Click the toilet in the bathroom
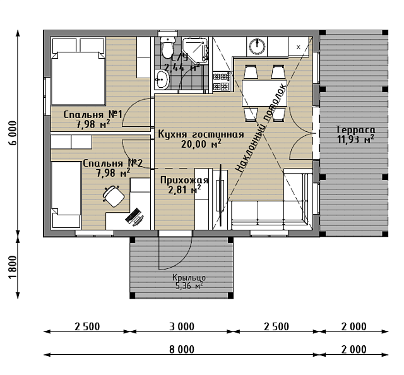tap(167, 47)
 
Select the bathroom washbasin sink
tap(162, 79)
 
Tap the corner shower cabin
tap(195, 50)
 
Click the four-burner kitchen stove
tap(221, 81)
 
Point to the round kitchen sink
tap(257, 46)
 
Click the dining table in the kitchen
tap(264, 93)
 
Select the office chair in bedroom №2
tap(113, 196)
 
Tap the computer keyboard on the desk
tap(132, 216)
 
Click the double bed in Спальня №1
tap(78, 71)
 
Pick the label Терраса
tap(355, 129)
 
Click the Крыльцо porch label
tap(189, 278)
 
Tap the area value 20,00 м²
tap(201, 144)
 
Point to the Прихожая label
tap(184, 180)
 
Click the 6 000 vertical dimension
tap(13, 133)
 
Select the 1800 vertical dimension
tap(13, 267)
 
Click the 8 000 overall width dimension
tap(182, 350)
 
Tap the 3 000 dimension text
tap(182, 327)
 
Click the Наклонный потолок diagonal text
tap(261, 128)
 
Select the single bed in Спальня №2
tap(66, 194)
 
